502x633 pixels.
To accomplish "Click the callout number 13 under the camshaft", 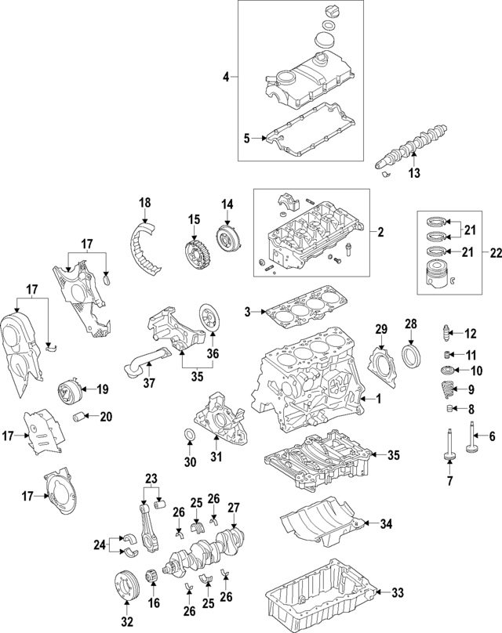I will pyautogui.click(x=415, y=172).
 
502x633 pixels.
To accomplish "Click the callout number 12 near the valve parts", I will pyautogui.click(x=471, y=334).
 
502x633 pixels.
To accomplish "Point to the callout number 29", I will pyautogui.click(x=381, y=327).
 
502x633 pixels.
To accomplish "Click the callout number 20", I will pyautogui.click(x=105, y=416).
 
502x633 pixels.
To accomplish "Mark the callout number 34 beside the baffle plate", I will pyautogui.click(x=385, y=523).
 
